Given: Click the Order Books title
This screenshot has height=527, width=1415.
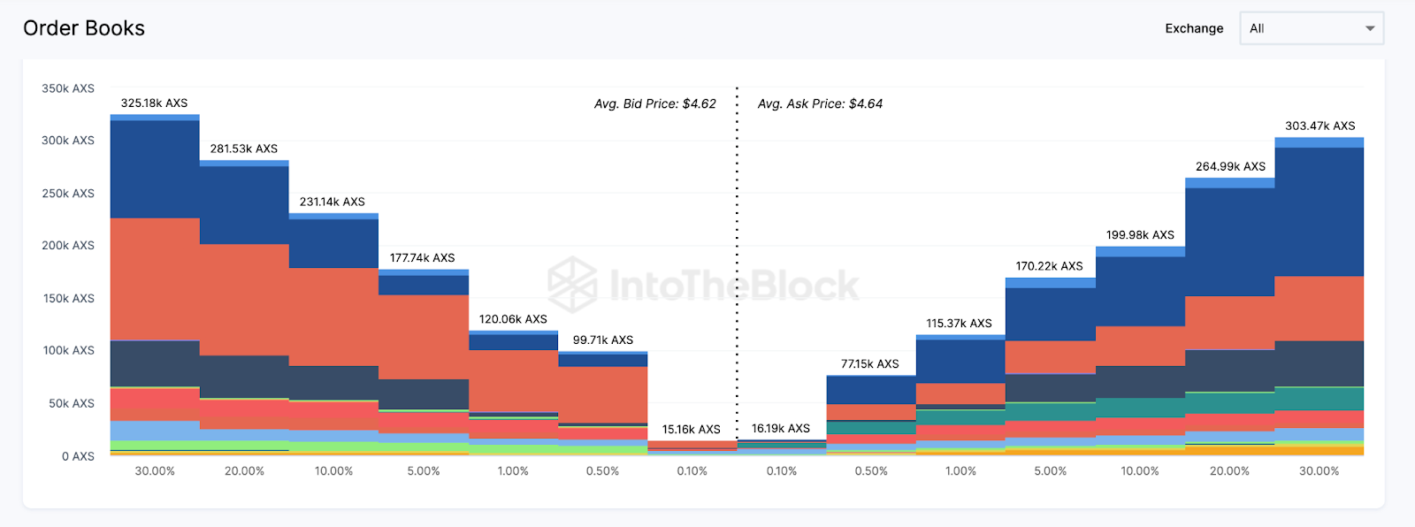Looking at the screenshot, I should [84, 28].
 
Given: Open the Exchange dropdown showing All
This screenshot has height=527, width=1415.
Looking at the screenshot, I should [1311, 28].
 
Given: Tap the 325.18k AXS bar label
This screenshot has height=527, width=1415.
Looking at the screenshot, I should [154, 103].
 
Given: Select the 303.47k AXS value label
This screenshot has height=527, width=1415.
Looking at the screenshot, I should [1319, 126].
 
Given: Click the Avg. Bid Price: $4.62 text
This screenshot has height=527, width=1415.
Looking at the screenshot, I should [654, 103].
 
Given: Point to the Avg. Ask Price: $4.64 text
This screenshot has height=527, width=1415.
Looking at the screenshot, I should [820, 103].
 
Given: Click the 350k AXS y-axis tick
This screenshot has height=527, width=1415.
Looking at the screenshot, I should [68, 88].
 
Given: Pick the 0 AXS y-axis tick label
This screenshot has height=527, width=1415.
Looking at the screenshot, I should [78, 456].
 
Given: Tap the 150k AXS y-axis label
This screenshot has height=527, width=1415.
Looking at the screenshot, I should [69, 298].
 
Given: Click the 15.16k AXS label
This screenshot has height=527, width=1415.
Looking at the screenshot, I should [691, 429].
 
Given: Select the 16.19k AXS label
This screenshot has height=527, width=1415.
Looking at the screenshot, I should [780, 428].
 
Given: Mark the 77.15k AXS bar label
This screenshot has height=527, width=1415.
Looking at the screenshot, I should [869, 363].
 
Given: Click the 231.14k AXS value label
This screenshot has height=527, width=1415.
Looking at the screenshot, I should [332, 202].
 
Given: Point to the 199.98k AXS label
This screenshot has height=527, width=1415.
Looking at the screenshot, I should [1140, 234].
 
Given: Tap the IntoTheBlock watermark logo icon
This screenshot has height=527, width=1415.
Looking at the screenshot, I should [572, 284].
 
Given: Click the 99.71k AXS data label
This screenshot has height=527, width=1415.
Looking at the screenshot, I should [602, 340].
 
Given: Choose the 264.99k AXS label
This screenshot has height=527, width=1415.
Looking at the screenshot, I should [1230, 166].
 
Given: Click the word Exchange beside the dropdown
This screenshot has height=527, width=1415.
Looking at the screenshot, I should [1194, 28].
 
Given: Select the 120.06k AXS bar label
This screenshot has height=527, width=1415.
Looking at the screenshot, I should [513, 319].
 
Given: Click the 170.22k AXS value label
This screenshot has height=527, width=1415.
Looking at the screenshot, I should [1049, 265].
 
